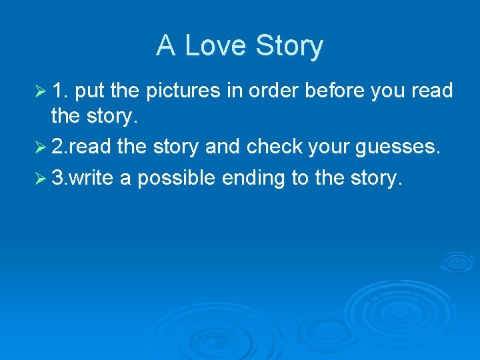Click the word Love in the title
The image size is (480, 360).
(211, 46)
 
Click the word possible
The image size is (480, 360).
(175, 177)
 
